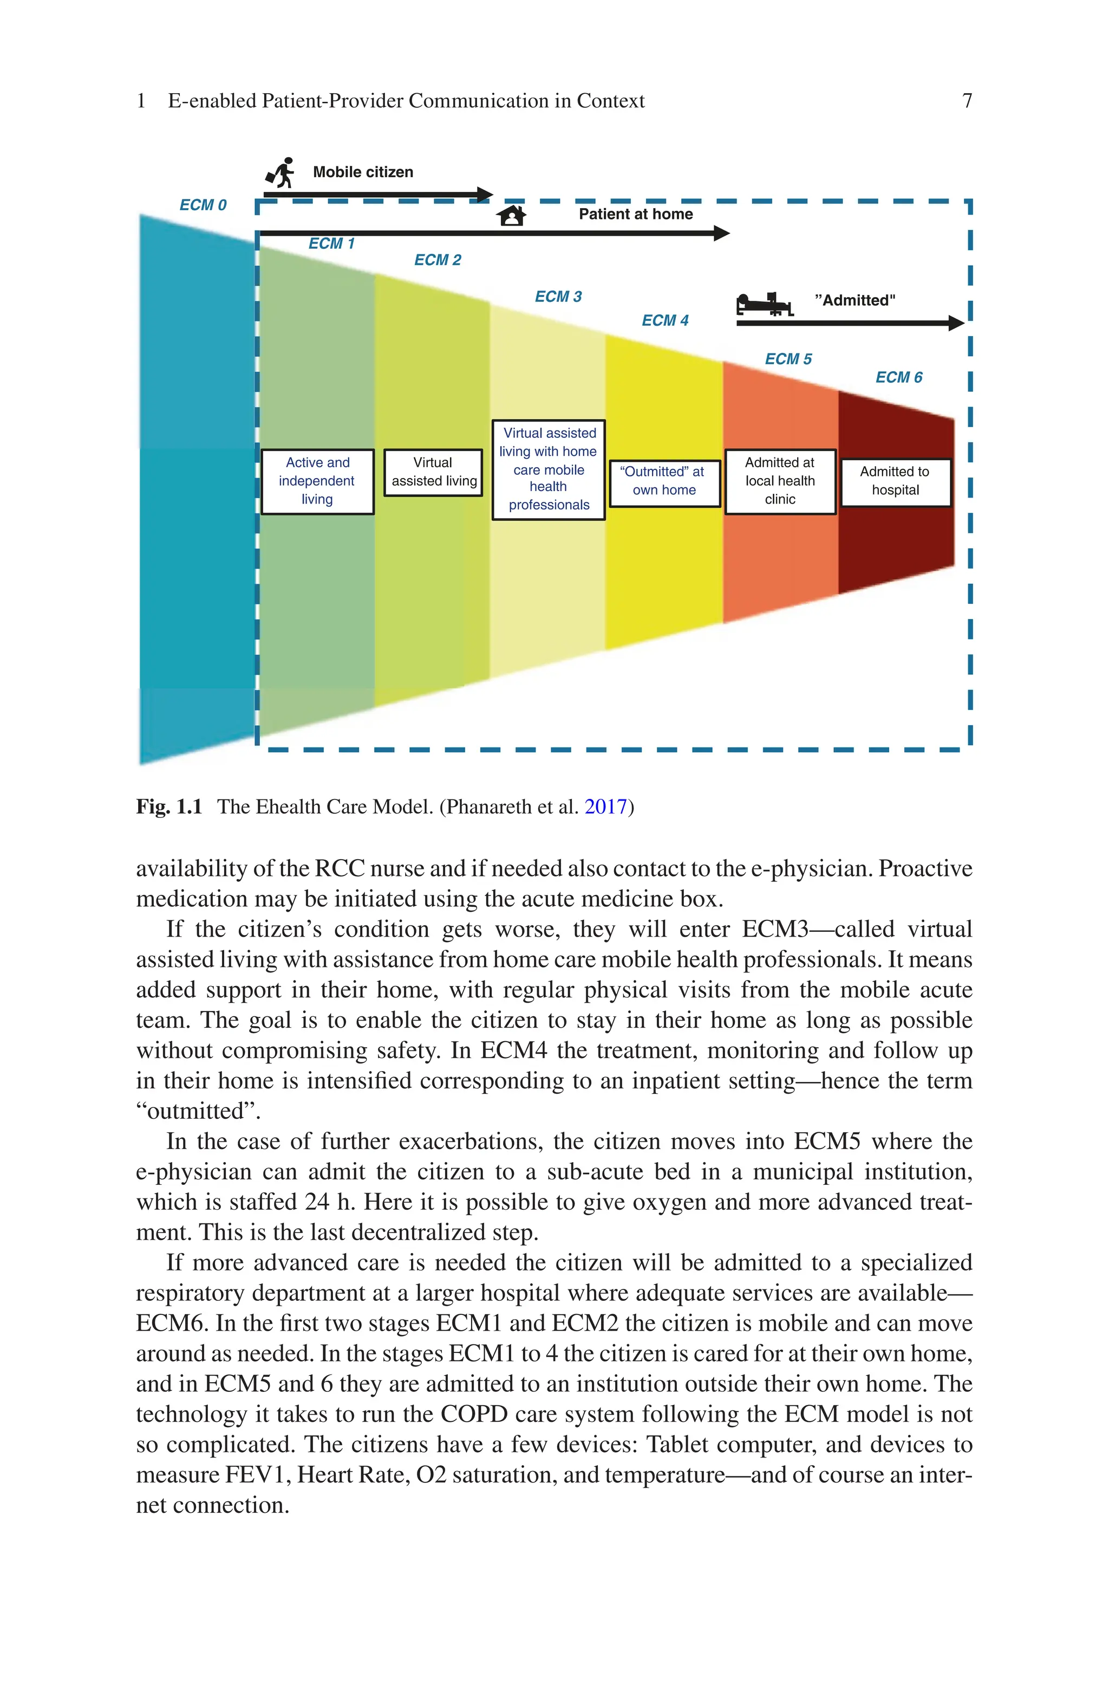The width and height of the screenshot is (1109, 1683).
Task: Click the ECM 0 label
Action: [203, 205]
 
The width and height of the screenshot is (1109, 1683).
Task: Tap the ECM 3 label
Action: [558, 296]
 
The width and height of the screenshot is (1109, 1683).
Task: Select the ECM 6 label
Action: [898, 377]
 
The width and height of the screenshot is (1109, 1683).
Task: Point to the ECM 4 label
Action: [665, 320]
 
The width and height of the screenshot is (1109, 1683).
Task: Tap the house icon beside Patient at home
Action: [511, 215]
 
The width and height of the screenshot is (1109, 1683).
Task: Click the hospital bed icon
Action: [765, 304]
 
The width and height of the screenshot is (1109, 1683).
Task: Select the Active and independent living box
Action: [317, 481]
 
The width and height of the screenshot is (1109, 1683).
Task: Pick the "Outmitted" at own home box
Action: [664, 481]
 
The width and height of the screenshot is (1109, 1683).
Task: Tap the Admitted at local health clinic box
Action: [780, 481]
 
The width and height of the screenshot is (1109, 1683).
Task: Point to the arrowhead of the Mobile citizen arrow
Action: [486, 194]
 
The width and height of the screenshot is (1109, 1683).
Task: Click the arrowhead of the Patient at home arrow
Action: [723, 233]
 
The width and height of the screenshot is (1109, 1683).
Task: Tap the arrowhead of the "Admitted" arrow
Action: [957, 324]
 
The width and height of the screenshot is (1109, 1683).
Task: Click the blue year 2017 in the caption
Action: [606, 807]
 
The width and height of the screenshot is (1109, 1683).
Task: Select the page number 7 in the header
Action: [967, 101]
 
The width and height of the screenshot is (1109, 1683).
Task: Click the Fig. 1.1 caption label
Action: [169, 807]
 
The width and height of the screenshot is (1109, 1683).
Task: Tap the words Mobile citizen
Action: [363, 172]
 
